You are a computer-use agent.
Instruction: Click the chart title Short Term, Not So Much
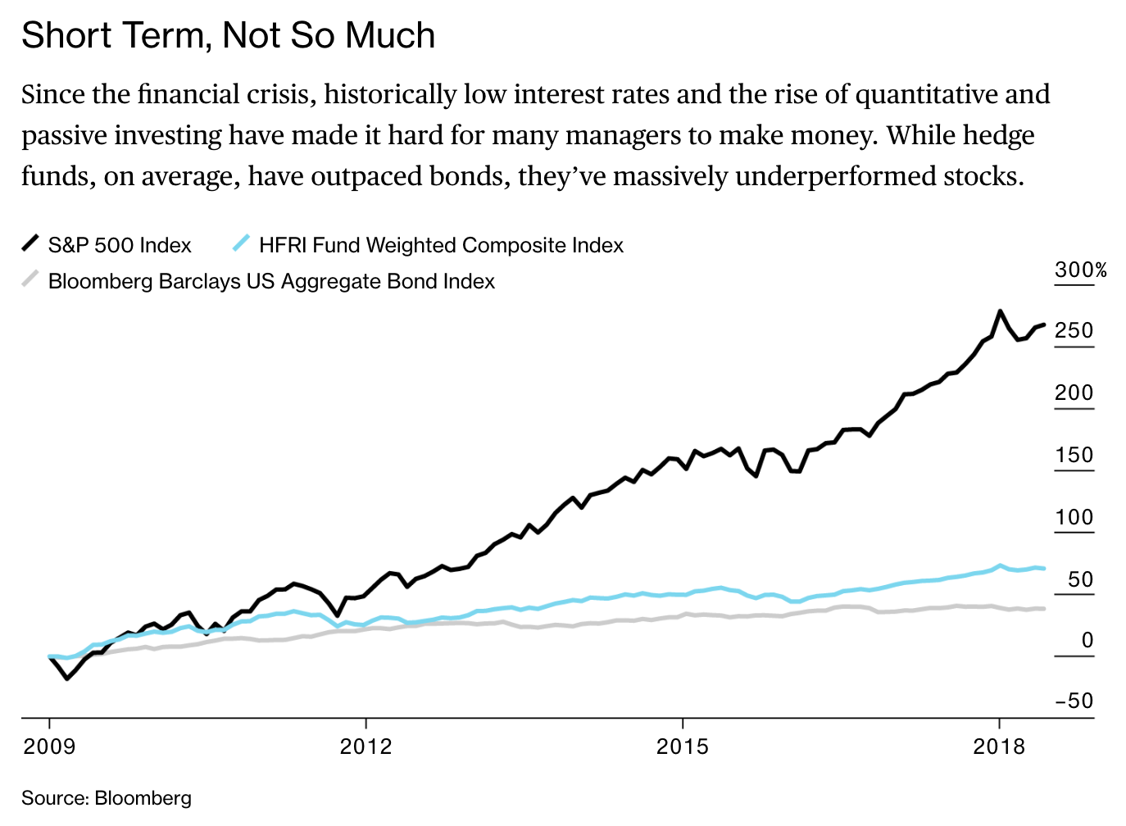pos(228,36)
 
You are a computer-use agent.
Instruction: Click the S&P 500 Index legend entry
pos(119,245)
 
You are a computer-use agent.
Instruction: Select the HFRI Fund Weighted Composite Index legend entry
pos(441,245)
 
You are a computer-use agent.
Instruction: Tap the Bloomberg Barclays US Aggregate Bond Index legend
pos(271,281)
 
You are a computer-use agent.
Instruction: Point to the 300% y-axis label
pos(1081,270)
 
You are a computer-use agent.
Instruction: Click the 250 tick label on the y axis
pos(1074,330)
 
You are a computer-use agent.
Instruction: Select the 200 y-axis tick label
pos(1074,393)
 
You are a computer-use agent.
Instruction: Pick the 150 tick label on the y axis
pos(1074,455)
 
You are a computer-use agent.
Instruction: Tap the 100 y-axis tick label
pos(1074,517)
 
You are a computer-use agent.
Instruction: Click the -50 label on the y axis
pos(1074,701)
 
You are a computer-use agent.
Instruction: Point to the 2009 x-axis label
pos(49,747)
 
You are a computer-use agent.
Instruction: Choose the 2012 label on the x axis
pos(365,747)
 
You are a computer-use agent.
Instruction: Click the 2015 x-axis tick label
pos(682,747)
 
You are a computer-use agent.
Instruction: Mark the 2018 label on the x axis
pos(999,747)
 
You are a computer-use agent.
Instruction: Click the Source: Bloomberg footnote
pos(107,798)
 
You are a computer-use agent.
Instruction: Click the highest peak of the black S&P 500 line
pos(1000,311)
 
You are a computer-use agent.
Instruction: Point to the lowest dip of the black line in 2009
pos(67,678)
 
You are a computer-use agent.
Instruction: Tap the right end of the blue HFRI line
pos(1043,568)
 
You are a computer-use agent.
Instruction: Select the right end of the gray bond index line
pos(1043,608)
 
